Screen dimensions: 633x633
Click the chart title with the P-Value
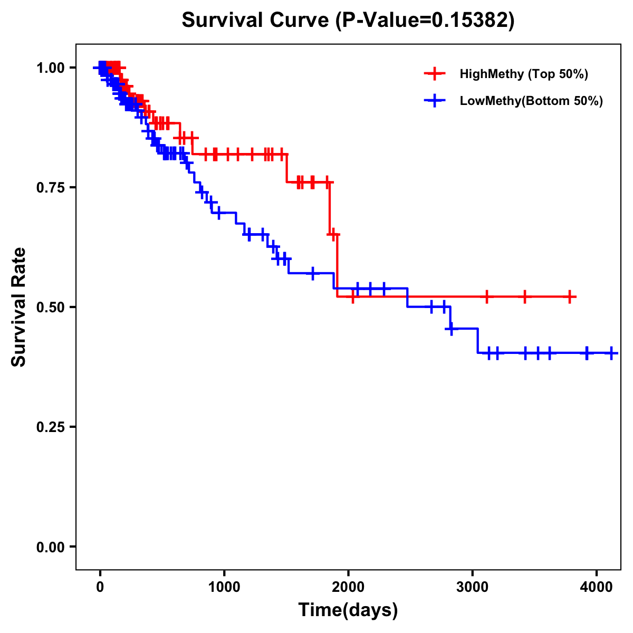(x=348, y=20)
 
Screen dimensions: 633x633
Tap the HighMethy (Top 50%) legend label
(x=523, y=74)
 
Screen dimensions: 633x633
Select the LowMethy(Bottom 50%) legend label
(x=531, y=101)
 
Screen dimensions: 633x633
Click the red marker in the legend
(x=435, y=74)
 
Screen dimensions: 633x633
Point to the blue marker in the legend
(x=435, y=101)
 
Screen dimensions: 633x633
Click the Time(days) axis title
(x=348, y=610)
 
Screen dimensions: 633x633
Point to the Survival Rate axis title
(x=19, y=307)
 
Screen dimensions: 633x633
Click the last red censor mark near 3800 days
(x=570, y=297)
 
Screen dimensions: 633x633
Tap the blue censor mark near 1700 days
(x=313, y=273)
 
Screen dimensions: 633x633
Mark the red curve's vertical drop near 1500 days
(x=286, y=168)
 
